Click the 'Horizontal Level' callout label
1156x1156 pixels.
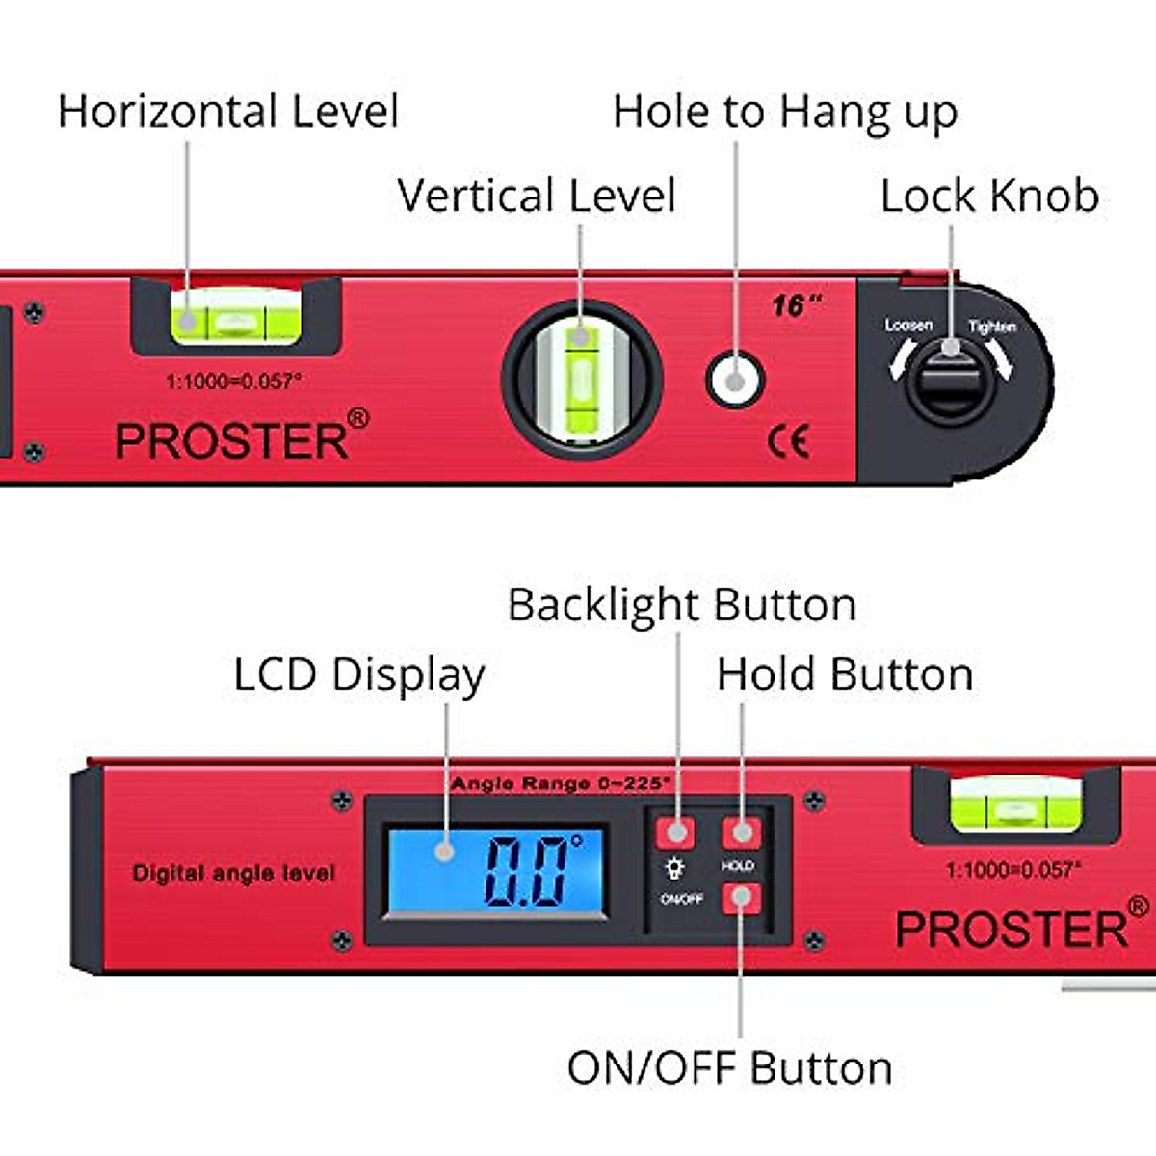[228, 112]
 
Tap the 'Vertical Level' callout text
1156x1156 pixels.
[537, 196]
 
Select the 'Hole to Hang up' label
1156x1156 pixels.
[785, 113]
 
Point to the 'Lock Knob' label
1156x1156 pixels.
[989, 196]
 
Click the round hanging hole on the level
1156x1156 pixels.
[735, 380]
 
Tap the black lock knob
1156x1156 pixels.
[950, 381]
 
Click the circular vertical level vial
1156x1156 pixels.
[581, 378]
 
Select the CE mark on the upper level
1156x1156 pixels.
[788, 441]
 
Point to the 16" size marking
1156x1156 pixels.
[796, 306]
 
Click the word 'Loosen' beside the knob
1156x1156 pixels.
[908, 326]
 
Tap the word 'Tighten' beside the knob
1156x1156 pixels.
[991, 327]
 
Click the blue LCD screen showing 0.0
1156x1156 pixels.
[496, 870]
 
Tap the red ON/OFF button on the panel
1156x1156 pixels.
[741, 898]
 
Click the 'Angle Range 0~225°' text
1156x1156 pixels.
[561, 783]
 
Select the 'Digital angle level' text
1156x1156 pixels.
[234, 874]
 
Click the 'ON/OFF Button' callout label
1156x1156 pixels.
[729, 1068]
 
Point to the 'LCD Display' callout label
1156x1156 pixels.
[359, 674]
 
